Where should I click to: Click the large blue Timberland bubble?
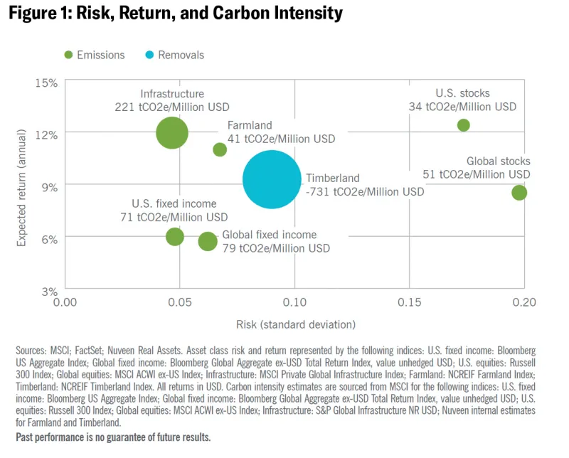(271, 179)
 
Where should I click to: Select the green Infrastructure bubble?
(171, 132)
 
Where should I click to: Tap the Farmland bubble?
(220, 149)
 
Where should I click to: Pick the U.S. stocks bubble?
(464, 125)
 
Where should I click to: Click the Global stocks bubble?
(519, 192)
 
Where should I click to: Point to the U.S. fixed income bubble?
(175, 237)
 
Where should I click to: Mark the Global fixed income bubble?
(207, 241)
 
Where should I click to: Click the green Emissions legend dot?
(69, 55)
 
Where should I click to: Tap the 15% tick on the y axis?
(46, 82)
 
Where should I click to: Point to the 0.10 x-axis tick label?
(294, 303)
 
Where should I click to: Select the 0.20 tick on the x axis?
(524, 303)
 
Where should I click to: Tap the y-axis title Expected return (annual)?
(21, 186)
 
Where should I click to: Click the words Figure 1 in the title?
(40, 13)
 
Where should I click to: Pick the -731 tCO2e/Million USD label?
(365, 191)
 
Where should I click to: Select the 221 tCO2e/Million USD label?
(172, 107)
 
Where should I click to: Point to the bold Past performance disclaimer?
(113, 437)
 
